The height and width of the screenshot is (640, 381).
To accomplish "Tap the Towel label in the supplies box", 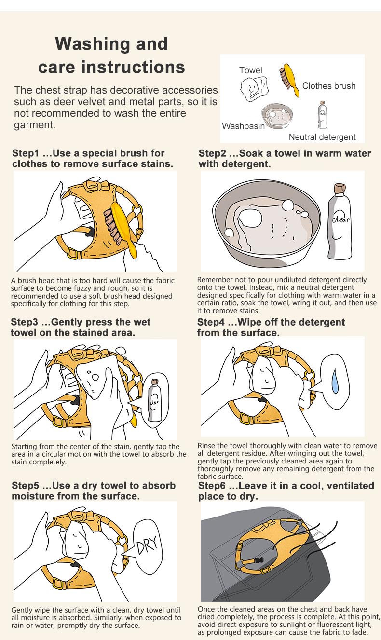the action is (250, 70).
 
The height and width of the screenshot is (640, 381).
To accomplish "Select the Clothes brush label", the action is (329, 86).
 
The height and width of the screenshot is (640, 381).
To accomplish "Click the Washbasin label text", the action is (244, 126).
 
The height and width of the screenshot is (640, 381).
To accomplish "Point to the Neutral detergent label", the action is (322, 137).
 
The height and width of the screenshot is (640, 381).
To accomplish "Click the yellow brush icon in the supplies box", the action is (289, 80).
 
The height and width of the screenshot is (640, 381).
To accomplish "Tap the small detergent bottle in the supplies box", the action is (323, 115).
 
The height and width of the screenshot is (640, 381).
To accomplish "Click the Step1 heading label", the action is (25, 153).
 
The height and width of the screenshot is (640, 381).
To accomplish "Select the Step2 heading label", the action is (212, 153).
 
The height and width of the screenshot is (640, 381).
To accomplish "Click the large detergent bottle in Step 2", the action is (339, 221).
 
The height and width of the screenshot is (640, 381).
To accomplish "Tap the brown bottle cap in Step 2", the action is (340, 189).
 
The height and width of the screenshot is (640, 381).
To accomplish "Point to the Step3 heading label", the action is (24, 322).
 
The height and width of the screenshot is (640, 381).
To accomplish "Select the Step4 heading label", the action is (211, 322).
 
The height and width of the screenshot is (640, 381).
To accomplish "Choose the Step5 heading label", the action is (25, 486).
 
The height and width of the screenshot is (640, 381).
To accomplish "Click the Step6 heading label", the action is (212, 486).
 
